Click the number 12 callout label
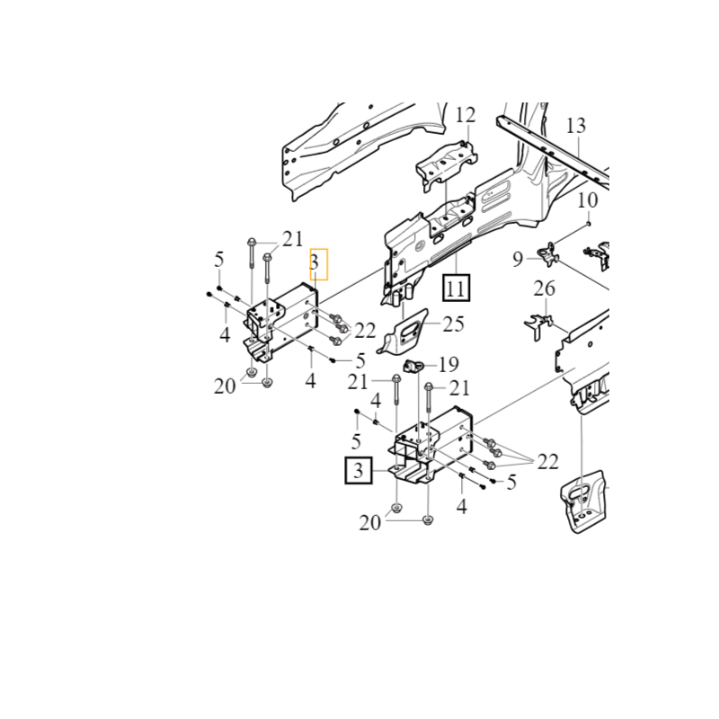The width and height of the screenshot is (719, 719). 465,115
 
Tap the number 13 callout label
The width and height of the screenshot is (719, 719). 576,126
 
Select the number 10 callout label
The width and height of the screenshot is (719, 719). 588,200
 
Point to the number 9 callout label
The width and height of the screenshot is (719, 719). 518,260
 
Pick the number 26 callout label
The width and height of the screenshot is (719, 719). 545,288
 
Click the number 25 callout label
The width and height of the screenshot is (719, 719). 454,324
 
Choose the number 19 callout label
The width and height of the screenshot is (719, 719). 448,365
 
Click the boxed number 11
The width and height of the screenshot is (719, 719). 457,288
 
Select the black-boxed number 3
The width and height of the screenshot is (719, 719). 359,470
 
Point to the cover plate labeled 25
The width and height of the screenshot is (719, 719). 403,332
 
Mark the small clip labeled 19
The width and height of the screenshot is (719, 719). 412,367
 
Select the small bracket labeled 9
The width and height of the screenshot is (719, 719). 549,255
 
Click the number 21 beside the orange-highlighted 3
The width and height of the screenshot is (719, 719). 293,239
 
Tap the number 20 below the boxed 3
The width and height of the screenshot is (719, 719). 370,523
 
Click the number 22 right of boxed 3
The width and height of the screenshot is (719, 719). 548,462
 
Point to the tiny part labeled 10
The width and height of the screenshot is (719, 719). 589,224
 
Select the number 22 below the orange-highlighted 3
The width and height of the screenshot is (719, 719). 365,331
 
